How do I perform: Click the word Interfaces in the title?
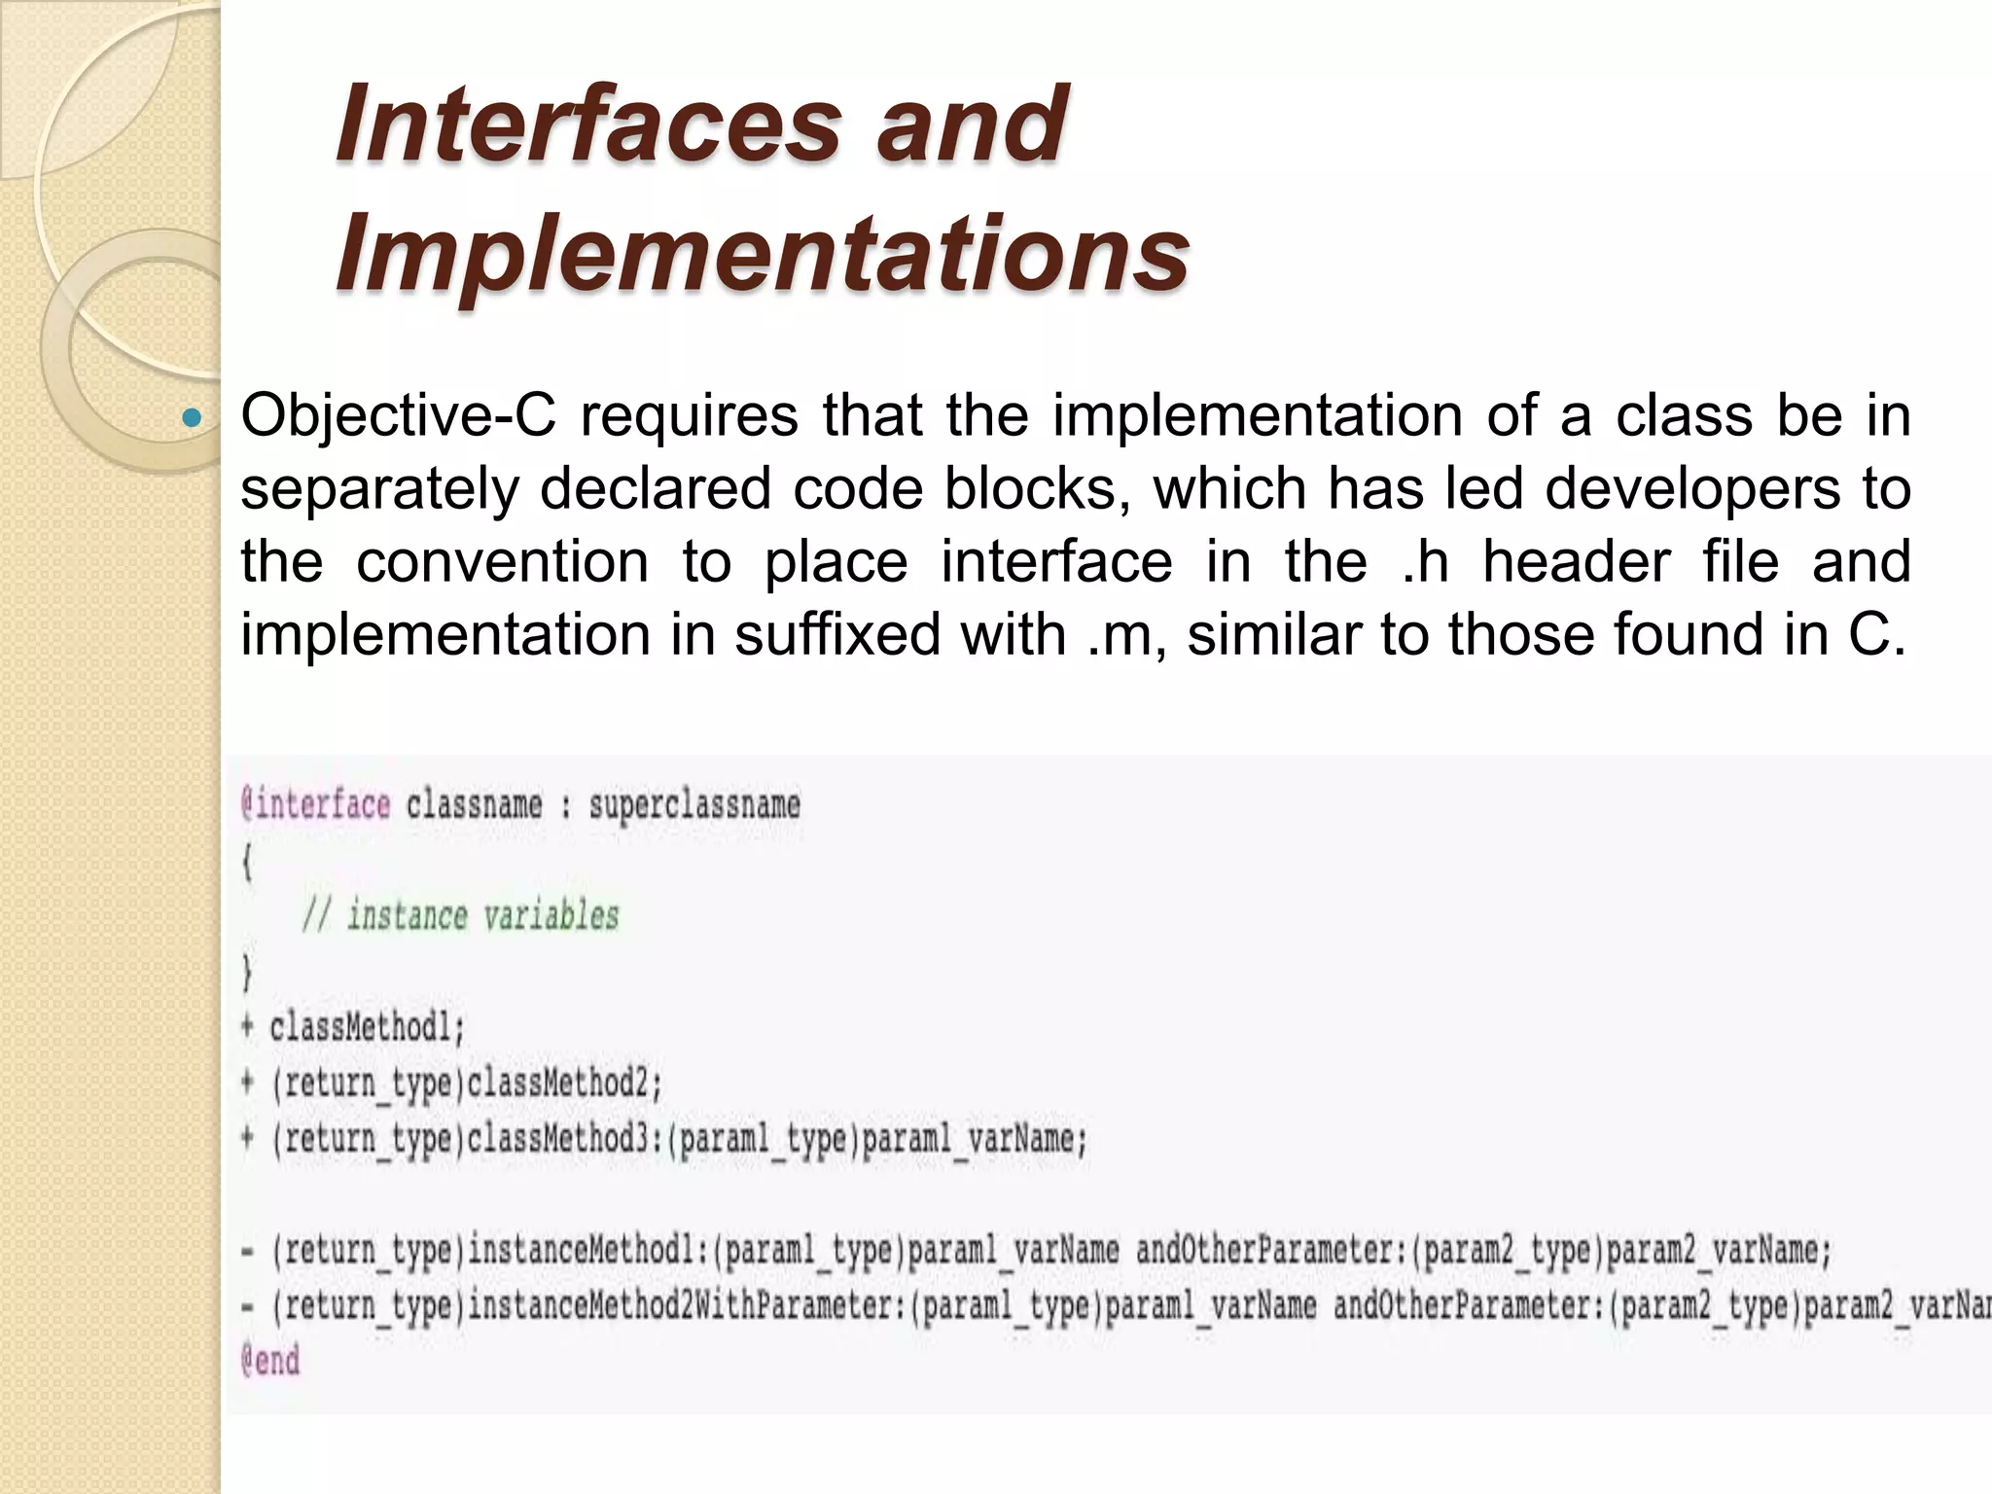tap(588, 124)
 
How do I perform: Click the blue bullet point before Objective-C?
tap(192, 418)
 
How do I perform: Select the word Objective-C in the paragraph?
tap(398, 416)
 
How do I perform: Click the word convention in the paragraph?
tap(502, 562)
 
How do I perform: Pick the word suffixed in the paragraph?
tap(836, 635)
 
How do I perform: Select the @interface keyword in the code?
tap(315, 805)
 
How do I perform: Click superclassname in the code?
tap(694, 805)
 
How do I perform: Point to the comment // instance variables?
tap(460, 916)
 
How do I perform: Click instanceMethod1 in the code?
tap(589, 1250)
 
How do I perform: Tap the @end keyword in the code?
tap(270, 1361)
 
